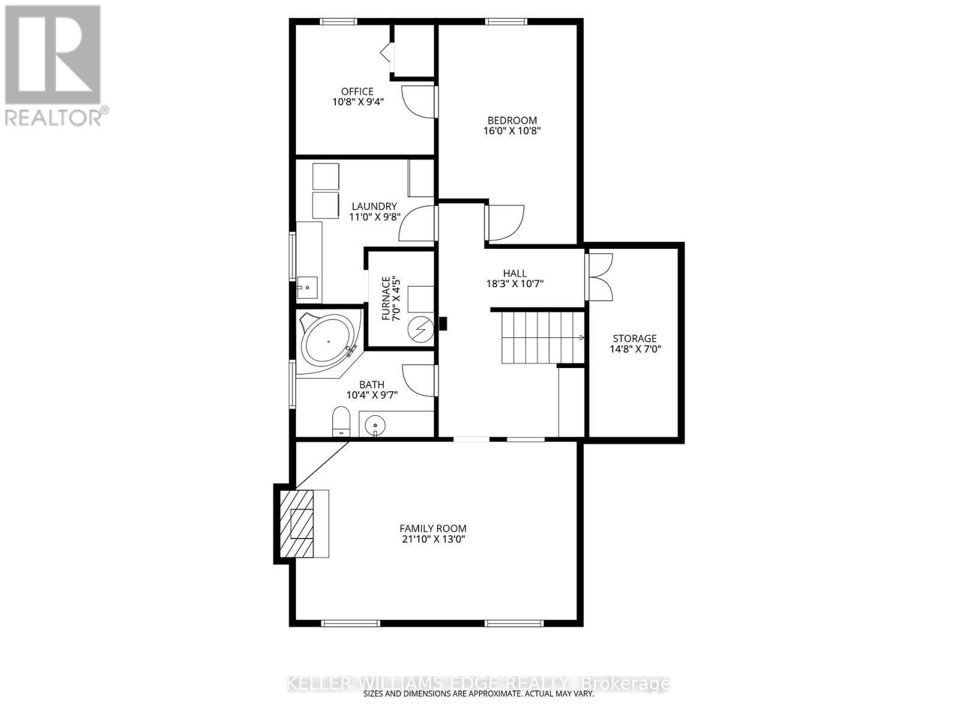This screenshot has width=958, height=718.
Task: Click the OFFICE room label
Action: pyautogui.click(x=357, y=92)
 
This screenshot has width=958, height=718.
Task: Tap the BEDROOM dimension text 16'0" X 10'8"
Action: pyautogui.click(x=512, y=130)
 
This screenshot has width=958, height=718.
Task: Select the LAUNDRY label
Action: pyautogui.click(x=374, y=206)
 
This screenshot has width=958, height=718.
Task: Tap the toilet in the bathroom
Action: pyautogui.click(x=341, y=421)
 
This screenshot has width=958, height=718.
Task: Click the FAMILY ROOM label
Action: pyautogui.click(x=433, y=528)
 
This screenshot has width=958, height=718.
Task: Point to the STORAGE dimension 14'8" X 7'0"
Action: pyautogui.click(x=635, y=349)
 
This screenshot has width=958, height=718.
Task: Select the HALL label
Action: pyautogui.click(x=515, y=273)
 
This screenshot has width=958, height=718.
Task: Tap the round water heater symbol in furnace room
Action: pyautogui.click(x=421, y=328)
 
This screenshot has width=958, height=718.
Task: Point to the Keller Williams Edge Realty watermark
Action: pyautogui.click(x=479, y=683)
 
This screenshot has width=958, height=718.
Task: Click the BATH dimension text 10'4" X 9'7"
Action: pyautogui.click(x=372, y=395)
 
